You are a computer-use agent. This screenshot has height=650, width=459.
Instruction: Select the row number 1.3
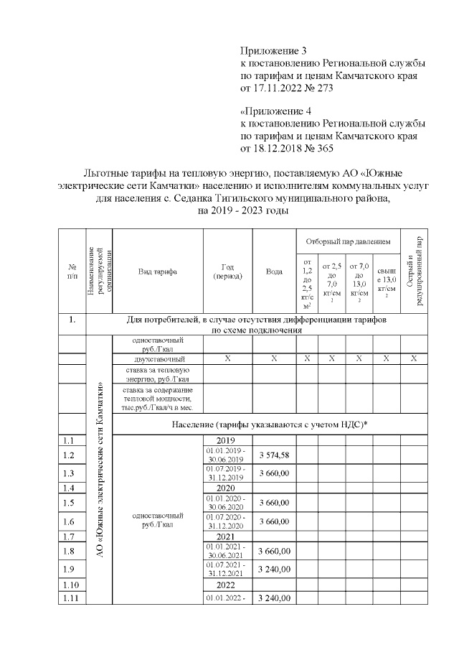pyautogui.click(x=69, y=473)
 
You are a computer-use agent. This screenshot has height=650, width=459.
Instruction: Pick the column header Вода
pyautogui.click(x=274, y=271)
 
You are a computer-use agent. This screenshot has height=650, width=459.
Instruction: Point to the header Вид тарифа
pyautogui.click(x=157, y=271)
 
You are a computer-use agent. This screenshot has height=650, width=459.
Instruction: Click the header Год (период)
pyautogui.click(x=227, y=271)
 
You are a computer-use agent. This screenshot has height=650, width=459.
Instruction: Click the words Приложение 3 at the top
pyautogui.click(x=273, y=52)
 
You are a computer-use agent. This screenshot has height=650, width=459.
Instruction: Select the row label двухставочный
pyautogui.click(x=158, y=358)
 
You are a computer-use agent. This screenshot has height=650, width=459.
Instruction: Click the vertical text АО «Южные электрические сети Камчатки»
pyautogui.click(x=99, y=474)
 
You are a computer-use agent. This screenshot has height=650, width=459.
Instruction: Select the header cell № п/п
pyautogui.click(x=72, y=271)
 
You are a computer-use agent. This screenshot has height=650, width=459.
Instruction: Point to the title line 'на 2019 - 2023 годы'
pyautogui.click(x=237, y=211)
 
